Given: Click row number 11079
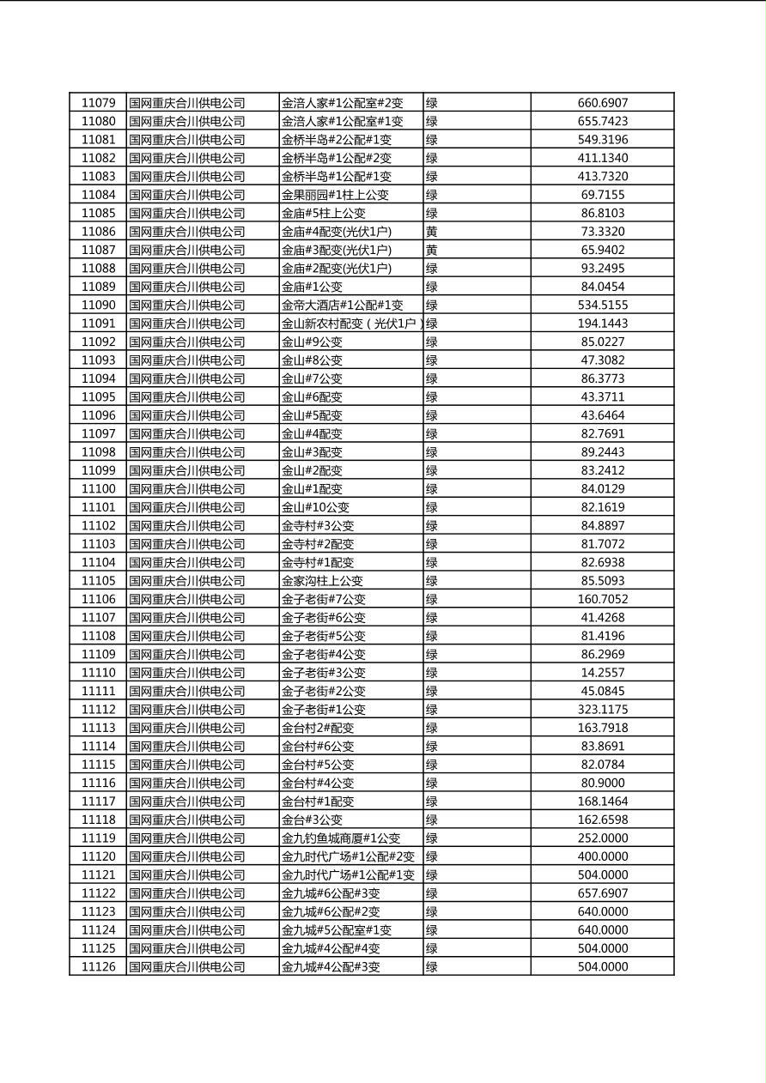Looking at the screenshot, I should pos(98,103).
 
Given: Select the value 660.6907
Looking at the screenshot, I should pos(602,103).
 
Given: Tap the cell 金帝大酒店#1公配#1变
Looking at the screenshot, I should pos(342,306).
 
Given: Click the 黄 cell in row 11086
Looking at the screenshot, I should pos(431,232).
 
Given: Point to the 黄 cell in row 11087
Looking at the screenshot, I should pos(431,250).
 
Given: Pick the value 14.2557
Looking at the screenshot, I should pos(602,673).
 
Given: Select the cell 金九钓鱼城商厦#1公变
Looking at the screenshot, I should pos(341,838).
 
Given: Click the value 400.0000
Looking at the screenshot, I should pos(602,856).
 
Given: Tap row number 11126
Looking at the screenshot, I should pos(98,967).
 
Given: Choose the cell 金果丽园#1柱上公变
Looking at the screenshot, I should pos(335,195).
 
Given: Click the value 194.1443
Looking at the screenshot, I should pos(602,324).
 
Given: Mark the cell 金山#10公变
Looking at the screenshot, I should pos(315,507).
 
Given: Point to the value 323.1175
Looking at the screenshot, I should pos(602,710).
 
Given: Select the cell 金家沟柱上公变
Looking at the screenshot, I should pos(322,581).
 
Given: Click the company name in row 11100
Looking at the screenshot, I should pos(187,489).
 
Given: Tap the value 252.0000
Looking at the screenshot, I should pos(602,838).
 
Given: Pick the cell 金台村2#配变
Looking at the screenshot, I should pos(318,728).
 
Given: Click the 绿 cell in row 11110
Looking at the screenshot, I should pos(431,673).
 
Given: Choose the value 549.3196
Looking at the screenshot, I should pos(602,140).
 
